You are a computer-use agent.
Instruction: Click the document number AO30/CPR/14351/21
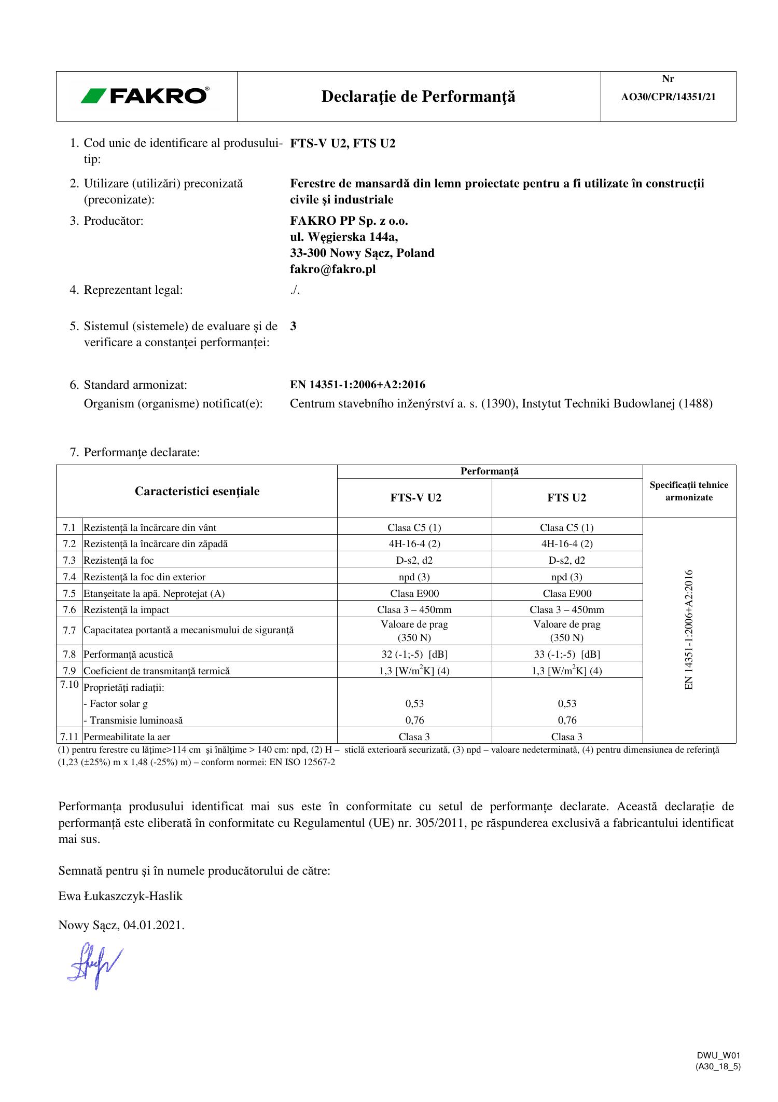(x=668, y=97)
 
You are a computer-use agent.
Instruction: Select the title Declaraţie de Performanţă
(x=418, y=97)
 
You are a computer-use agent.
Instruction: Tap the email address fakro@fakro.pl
(x=332, y=269)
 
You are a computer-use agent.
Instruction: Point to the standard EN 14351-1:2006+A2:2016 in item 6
(x=357, y=385)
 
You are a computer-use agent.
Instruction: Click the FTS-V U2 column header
(x=415, y=498)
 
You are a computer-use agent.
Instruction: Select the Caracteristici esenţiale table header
(x=197, y=491)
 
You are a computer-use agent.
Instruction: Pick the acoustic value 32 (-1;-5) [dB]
(x=414, y=654)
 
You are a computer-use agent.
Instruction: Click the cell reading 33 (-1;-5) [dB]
(x=567, y=654)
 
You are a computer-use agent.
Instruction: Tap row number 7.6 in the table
(x=69, y=609)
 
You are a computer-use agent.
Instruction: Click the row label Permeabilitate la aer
(x=127, y=737)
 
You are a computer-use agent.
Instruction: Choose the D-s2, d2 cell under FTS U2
(x=567, y=560)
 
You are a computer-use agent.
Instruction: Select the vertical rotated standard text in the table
(x=689, y=630)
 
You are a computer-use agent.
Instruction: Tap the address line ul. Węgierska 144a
(x=344, y=237)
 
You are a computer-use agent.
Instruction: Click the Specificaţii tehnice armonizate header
(x=689, y=491)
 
